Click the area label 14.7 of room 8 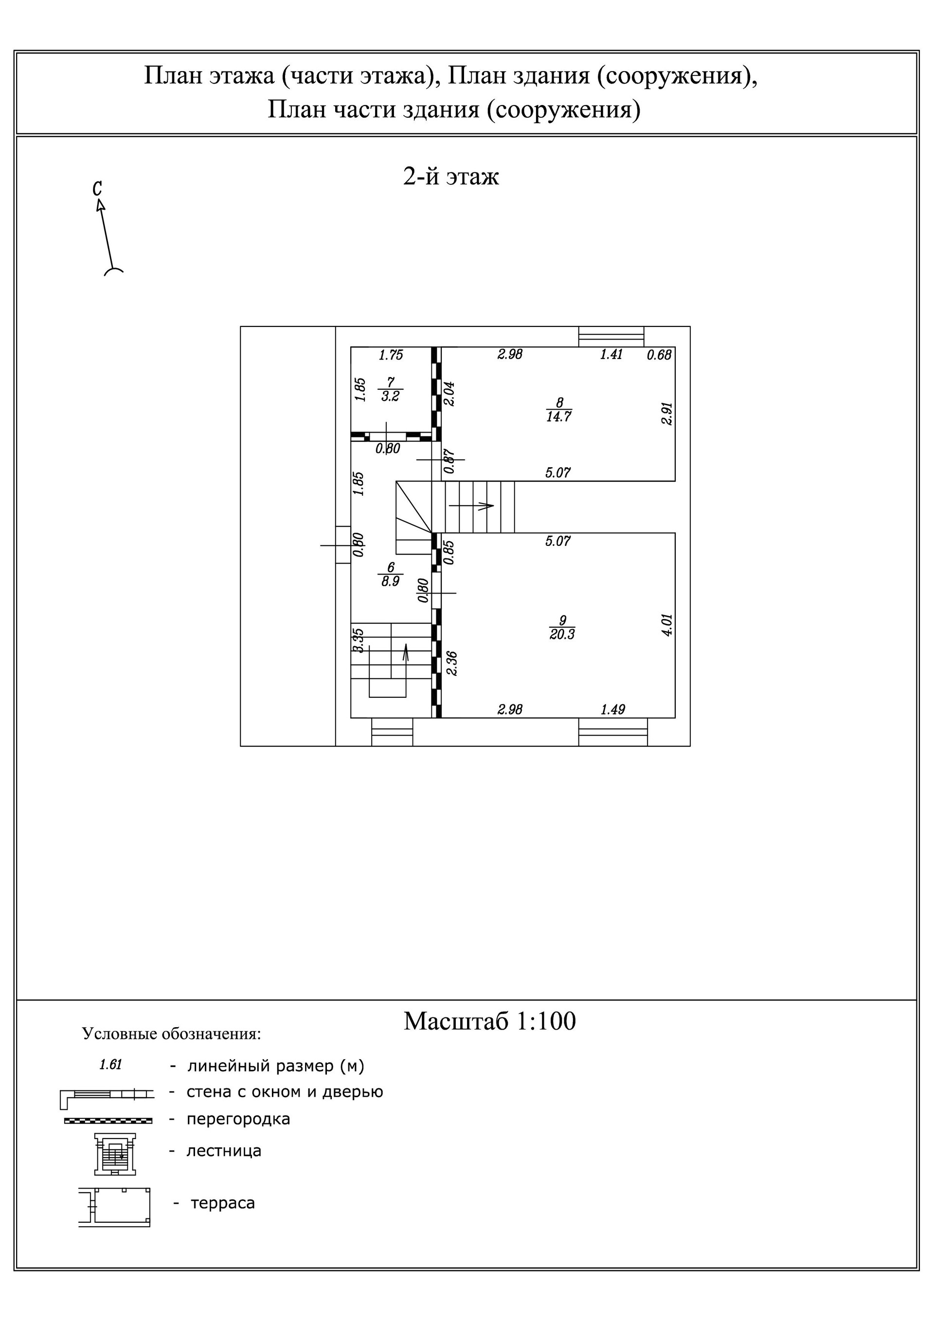[x=558, y=417]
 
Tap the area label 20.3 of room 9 [x=562, y=634]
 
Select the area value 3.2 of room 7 [x=391, y=397]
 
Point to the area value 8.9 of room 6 [x=391, y=581]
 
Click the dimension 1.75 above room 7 [x=391, y=355]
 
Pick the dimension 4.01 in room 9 [x=667, y=624]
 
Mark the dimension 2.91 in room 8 [x=667, y=414]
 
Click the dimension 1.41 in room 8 [x=611, y=355]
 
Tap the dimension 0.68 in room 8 [x=659, y=355]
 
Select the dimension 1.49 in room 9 [x=612, y=709]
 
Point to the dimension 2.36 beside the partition [x=452, y=663]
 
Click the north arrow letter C [x=97, y=188]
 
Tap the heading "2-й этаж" [x=451, y=177]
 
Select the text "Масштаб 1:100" [x=489, y=1021]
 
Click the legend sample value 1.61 [x=110, y=1065]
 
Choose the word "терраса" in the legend [x=222, y=1203]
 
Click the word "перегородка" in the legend [x=238, y=1119]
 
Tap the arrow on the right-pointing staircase [x=472, y=506]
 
